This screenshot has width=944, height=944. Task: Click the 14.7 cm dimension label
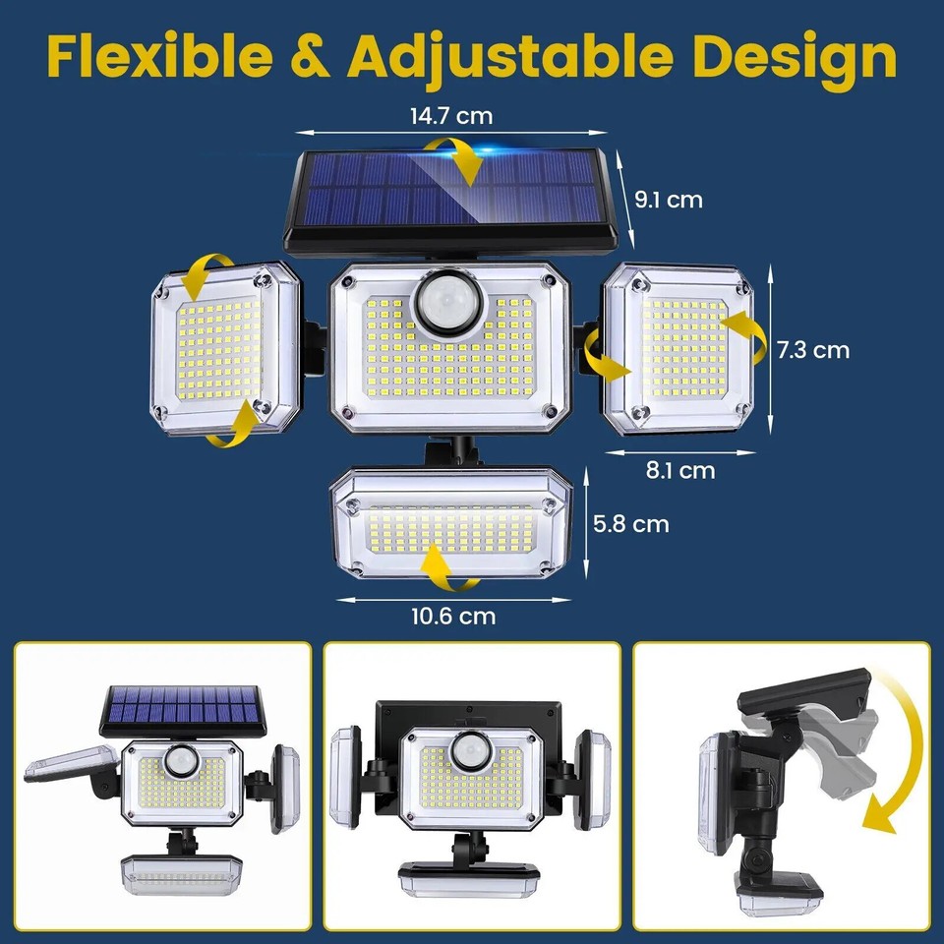point(451,116)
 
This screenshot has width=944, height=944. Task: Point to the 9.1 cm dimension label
point(669,200)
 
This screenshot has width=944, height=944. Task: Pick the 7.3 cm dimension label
point(813,349)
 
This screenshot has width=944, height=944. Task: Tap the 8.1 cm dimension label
point(680,470)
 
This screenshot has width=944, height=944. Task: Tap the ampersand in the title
point(311,58)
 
